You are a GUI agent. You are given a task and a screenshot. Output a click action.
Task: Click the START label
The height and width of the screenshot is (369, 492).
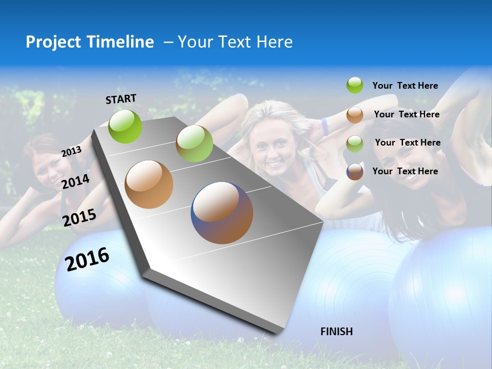121,98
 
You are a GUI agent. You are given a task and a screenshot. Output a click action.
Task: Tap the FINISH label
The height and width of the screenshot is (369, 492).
336,332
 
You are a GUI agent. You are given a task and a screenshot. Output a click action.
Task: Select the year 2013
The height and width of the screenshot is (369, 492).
71,151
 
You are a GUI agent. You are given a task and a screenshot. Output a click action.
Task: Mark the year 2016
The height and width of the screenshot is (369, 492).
87,259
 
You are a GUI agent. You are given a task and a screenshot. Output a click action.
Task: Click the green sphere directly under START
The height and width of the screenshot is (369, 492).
125,126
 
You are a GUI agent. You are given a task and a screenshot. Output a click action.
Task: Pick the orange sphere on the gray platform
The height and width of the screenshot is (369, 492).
149,184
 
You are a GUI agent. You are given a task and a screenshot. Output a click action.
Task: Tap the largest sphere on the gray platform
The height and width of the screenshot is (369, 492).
222,213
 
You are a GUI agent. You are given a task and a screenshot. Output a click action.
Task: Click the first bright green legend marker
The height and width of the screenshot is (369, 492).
355,85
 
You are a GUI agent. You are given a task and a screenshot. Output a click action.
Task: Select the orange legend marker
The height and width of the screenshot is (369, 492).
355,115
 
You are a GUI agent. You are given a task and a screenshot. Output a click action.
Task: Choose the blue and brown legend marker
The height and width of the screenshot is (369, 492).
355,172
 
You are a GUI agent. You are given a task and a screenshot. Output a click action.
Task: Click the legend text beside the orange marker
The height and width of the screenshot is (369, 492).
406,114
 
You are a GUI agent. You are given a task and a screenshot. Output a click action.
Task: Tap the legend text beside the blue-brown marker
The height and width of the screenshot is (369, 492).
405,171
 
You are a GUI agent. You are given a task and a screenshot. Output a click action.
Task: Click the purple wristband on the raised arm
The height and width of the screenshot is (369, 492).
324,127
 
